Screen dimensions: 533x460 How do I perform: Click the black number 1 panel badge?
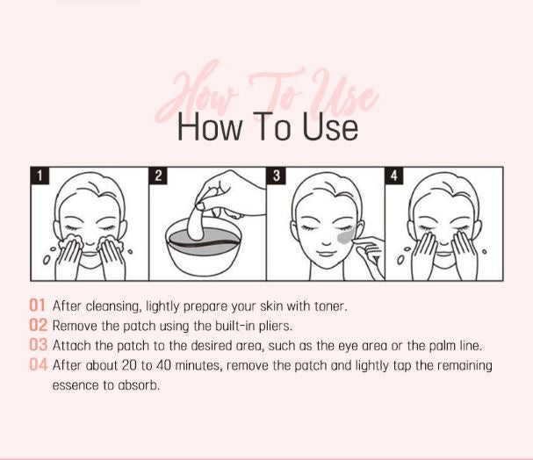tap(40, 176)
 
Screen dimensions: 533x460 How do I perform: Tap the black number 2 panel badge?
tap(158, 176)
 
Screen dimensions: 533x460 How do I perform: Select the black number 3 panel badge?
tap(277, 176)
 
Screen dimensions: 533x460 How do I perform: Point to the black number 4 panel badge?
tap(394, 176)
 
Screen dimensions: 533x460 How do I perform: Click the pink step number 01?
tap(37, 305)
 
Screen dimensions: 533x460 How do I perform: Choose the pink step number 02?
tap(38, 325)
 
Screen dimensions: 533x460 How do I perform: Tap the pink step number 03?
tap(38, 344)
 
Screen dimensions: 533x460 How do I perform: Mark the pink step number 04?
tap(38, 364)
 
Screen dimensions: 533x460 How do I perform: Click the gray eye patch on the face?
tap(346, 235)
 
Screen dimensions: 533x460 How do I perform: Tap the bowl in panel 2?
tap(204, 251)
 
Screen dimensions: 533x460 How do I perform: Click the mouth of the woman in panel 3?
tap(326, 254)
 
